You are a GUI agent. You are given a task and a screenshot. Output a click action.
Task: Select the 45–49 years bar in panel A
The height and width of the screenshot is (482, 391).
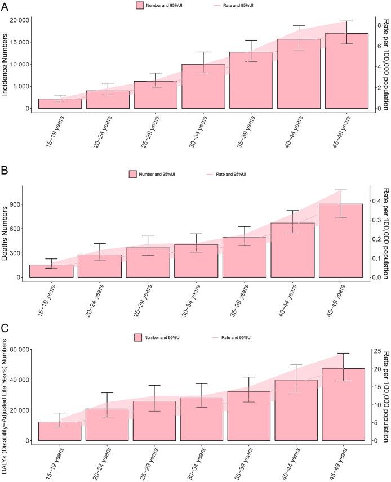point(346,71)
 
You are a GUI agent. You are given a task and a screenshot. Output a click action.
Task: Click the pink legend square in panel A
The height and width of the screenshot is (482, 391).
point(141,5)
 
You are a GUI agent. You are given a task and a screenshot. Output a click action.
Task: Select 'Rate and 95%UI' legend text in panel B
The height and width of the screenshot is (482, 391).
point(232,174)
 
